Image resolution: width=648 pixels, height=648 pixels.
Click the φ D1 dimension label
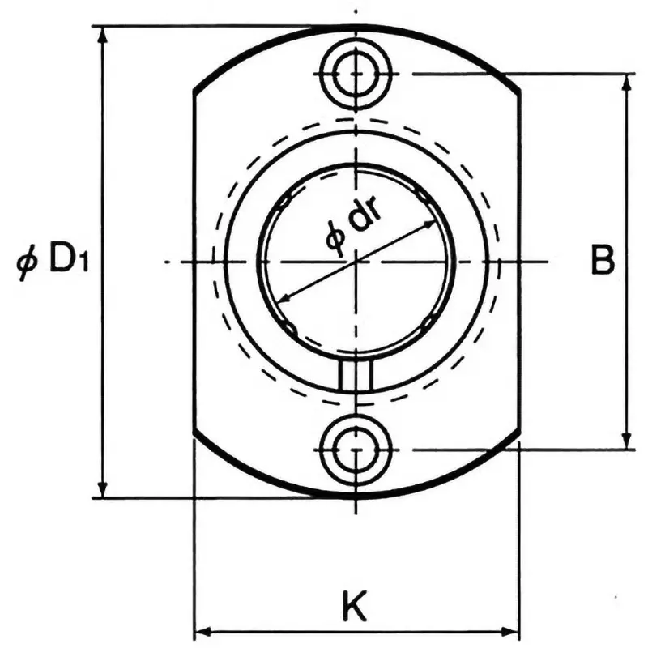pos(53,262)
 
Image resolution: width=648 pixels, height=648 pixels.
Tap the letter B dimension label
pos(601,262)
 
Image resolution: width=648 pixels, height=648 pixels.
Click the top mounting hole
pos(356,74)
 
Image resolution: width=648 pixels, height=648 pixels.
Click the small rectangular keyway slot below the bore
pos(356,376)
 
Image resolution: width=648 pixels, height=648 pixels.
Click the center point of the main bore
pos(356,262)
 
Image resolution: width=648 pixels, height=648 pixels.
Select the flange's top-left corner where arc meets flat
pos(194,91)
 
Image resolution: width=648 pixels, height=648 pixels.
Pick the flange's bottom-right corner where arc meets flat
pos(518,436)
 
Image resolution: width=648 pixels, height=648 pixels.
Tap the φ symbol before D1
pos(28,263)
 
